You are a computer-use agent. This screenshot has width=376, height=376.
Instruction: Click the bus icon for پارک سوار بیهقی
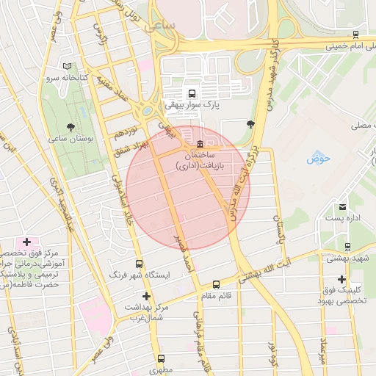(x=192, y=94)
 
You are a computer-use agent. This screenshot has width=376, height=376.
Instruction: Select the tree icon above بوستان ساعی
(x=70, y=126)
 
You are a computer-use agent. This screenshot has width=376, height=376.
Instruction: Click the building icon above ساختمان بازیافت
(x=200, y=143)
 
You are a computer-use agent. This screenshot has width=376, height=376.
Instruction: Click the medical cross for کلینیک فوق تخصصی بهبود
(x=341, y=279)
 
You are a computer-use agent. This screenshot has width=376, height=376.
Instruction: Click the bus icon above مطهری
(x=161, y=359)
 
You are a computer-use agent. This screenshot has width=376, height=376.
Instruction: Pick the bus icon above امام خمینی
(x=355, y=35)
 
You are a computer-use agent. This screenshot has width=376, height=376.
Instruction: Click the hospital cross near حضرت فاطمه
(x=27, y=242)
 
